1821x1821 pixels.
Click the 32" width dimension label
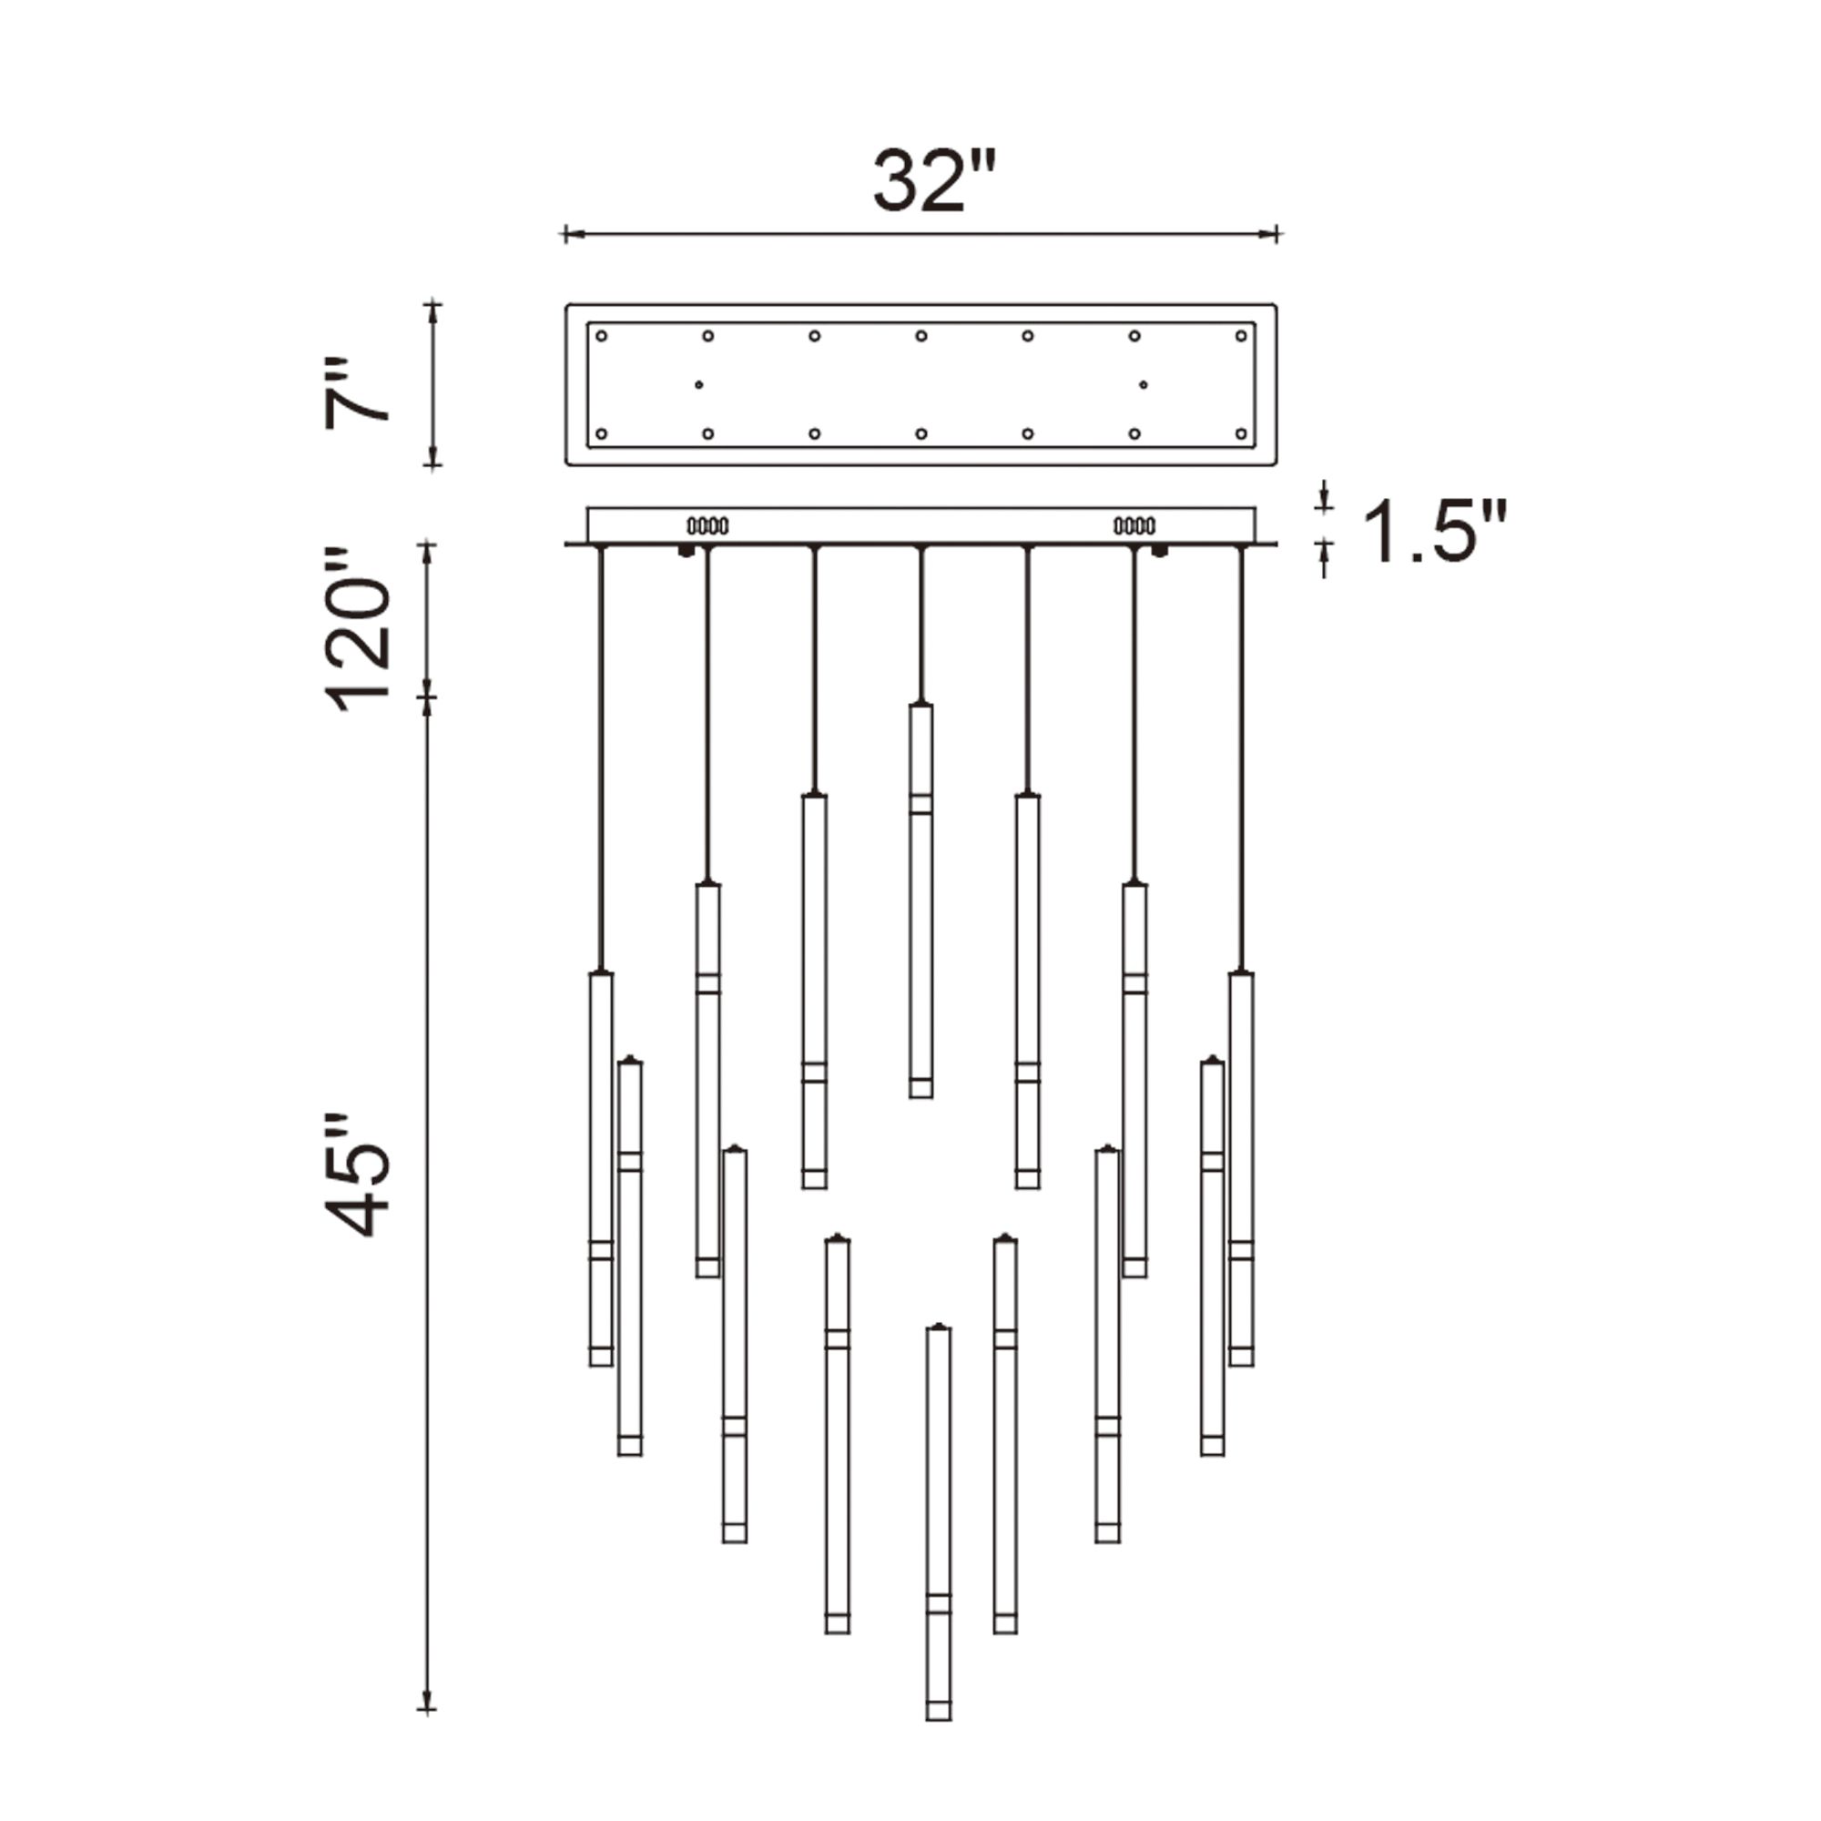coord(933,181)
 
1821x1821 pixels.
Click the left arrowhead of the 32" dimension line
coord(567,234)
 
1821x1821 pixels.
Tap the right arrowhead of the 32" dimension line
coord(1275,234)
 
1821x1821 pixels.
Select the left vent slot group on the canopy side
coord(707,526)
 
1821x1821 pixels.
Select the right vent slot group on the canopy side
coord(1134,526)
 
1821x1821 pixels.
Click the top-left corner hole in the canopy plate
coord(601,336)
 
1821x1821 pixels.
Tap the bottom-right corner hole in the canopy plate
coord(1240,433)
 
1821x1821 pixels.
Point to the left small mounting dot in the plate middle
coord(698,384)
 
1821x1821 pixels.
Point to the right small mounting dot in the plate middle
coord(1144,384)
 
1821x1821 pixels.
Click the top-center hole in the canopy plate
coord(921,336)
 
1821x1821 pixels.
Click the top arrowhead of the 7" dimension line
coord(432,307)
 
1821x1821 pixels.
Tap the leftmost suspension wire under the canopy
coord(600,754)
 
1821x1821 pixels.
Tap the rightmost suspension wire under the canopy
coord(1240,754)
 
